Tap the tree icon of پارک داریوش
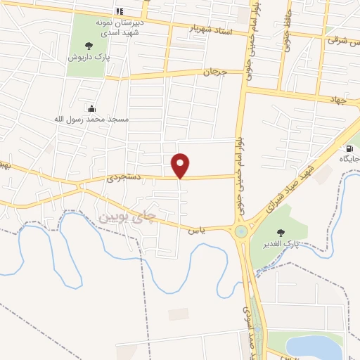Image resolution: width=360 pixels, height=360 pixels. (x=88, y=46)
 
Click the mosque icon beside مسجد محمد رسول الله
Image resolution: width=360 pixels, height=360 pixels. (x=91, y=108)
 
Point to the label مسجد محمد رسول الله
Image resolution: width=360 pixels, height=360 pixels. (x=93, y=120)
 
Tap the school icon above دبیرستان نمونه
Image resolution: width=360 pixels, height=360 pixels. (x=119, y=11)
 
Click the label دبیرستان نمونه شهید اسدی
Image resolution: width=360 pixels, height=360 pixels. (x=118, y=27)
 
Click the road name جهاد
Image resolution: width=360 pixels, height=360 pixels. (x=338, y=100)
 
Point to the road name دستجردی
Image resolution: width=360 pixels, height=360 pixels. (x=124, y=179)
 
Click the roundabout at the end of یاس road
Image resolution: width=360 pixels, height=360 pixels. (x=242, y=231)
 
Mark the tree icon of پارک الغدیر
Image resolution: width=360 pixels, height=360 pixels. (x=281, y=232)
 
